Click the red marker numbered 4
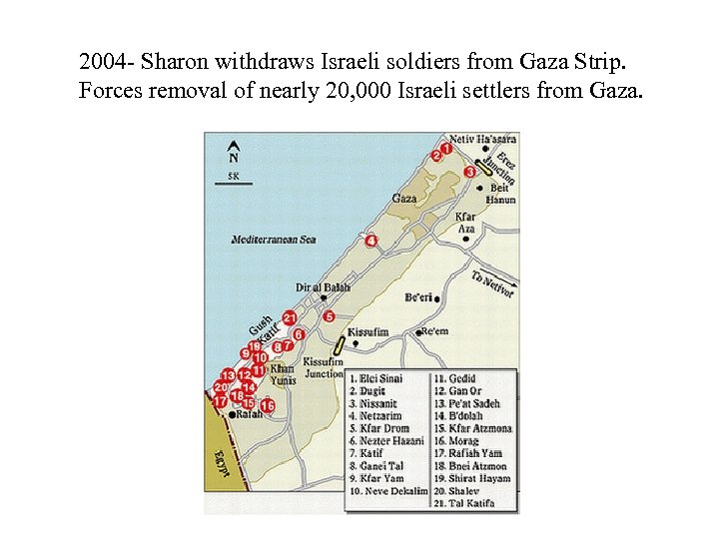[x=371, y=241]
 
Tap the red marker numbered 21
[x=290, y=317]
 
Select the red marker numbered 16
[x=267, y=405]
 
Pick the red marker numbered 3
[x=470, y=172]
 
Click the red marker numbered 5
[x=329, y=316]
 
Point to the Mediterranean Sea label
[x=274, y=240]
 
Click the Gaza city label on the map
[x=404, y=199]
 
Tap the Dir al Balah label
[x=323, y=287]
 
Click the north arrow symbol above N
[x=234, y=144]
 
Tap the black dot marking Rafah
[x=232, y=414]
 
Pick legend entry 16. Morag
[x=468, y=440]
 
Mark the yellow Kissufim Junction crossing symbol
[x=340, y=345]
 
